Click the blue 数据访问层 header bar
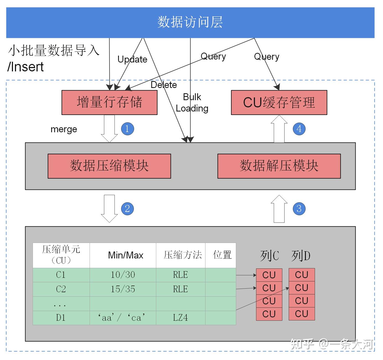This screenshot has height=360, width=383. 190,22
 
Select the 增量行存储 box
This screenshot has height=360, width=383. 109,102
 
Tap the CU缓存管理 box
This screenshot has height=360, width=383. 279,102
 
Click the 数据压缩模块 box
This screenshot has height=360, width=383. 109,166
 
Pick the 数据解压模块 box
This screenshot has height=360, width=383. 279,166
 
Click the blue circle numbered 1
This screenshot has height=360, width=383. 127,129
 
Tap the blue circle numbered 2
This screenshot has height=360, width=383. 127,209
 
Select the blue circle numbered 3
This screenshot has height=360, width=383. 299,209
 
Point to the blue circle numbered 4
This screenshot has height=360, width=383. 299,129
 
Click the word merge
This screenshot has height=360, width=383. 64,129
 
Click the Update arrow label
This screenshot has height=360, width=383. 132,59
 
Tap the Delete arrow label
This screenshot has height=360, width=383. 164,85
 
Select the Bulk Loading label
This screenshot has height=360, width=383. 192,103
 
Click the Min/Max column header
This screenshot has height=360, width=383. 126,255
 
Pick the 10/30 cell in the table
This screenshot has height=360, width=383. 123,275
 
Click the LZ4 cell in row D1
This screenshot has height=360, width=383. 180,317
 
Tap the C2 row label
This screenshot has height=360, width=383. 61,289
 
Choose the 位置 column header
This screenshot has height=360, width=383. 222,255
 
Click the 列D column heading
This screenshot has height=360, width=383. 301,256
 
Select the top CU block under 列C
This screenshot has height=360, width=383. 269,275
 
